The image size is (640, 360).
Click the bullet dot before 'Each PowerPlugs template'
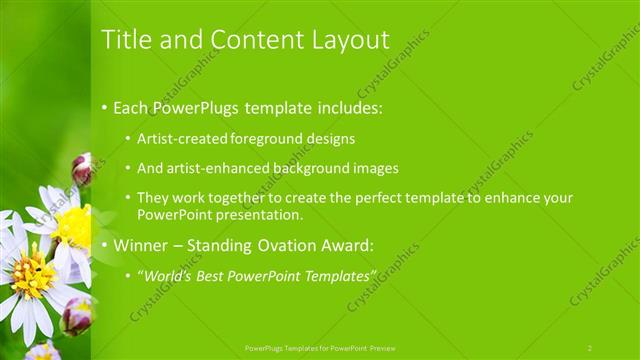tap(104, 107)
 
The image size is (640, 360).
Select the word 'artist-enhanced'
tap(219, 168)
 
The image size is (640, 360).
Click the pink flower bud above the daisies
tap(82, 168)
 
